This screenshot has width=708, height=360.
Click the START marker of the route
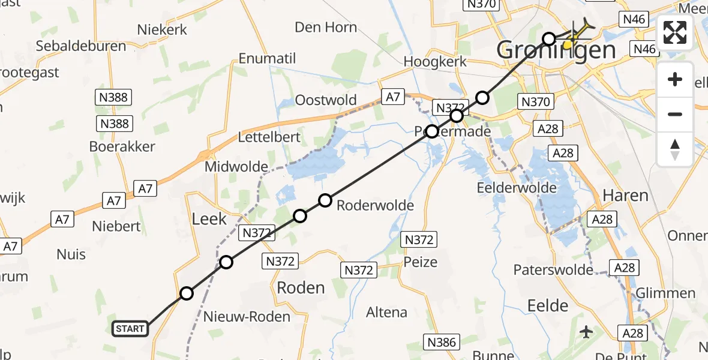[130, 328]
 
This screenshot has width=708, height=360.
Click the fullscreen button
[675, 32]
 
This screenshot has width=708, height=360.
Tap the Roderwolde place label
[376, 206]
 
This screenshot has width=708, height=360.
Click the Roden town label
[301, 287]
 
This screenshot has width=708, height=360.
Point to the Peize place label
[421, 262]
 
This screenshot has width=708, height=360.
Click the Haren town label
[625, 196]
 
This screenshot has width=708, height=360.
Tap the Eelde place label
[547, 305]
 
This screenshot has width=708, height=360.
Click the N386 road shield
[442, 343]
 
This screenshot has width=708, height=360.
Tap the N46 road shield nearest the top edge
[634, 19]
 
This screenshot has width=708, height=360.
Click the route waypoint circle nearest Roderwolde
[325, 200]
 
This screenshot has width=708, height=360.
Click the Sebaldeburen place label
[80, 46]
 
